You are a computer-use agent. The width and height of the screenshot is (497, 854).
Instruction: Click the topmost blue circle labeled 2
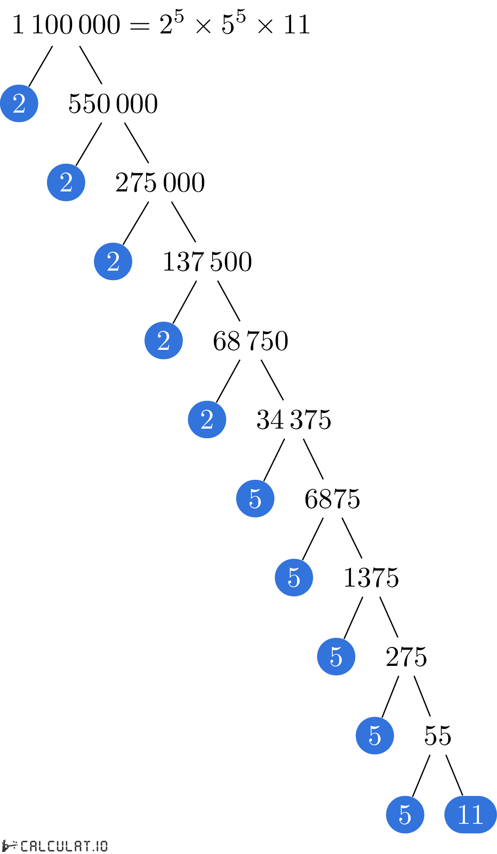coord(19,103)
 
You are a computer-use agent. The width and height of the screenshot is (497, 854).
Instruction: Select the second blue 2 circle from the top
coord(66,182)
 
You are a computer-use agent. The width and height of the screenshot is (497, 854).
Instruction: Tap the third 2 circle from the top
coord(113,262)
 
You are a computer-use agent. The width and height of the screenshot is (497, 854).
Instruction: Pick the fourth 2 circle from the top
coord(163,340)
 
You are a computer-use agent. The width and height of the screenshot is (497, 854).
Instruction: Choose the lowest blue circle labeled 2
coord(207,420)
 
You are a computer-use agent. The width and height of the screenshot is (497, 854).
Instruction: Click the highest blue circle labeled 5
coord(255,498)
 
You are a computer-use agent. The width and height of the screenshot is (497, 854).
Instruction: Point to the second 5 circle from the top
coord(294,578)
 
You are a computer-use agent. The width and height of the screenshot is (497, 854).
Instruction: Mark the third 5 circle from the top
coord(336,656)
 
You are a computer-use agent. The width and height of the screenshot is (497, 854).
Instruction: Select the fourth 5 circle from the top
coord(375,736)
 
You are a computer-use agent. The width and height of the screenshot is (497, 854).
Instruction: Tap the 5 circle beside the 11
coord(405,814)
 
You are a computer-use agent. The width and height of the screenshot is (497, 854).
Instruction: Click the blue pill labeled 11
coord(470,814)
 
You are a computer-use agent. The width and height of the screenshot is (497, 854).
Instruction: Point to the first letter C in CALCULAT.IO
coord(25,846)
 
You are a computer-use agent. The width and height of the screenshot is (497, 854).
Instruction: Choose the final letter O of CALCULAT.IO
coord(104,846)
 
